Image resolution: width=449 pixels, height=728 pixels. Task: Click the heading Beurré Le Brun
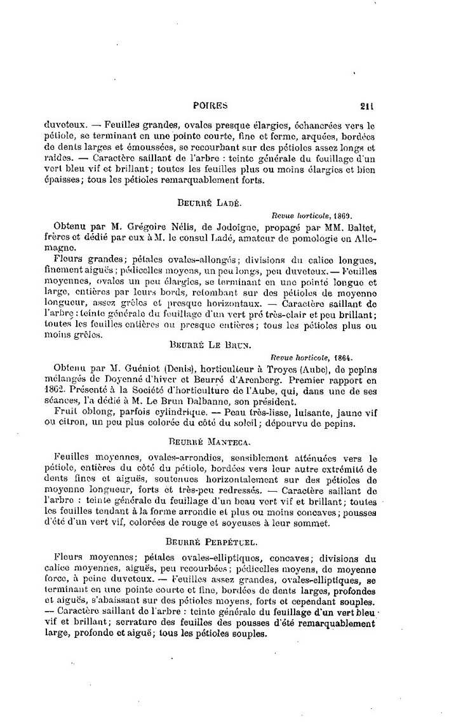(211, 347)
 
